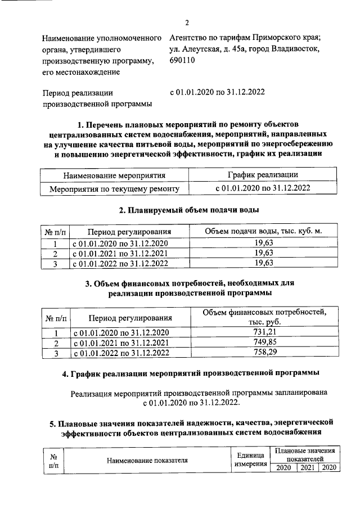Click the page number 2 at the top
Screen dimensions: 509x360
186,22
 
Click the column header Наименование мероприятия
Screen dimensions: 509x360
114,175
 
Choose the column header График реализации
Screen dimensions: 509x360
263,175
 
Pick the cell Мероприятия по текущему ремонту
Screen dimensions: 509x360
114,188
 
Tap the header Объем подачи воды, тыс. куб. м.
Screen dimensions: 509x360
263,231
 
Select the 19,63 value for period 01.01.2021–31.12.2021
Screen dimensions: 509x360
263,253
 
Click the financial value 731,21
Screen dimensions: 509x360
263,332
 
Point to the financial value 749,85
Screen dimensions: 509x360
263,343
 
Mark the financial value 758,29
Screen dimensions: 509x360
263,353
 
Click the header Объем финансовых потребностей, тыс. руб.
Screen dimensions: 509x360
263,316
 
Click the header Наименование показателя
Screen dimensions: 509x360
147,461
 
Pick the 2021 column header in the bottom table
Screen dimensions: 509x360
307,467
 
